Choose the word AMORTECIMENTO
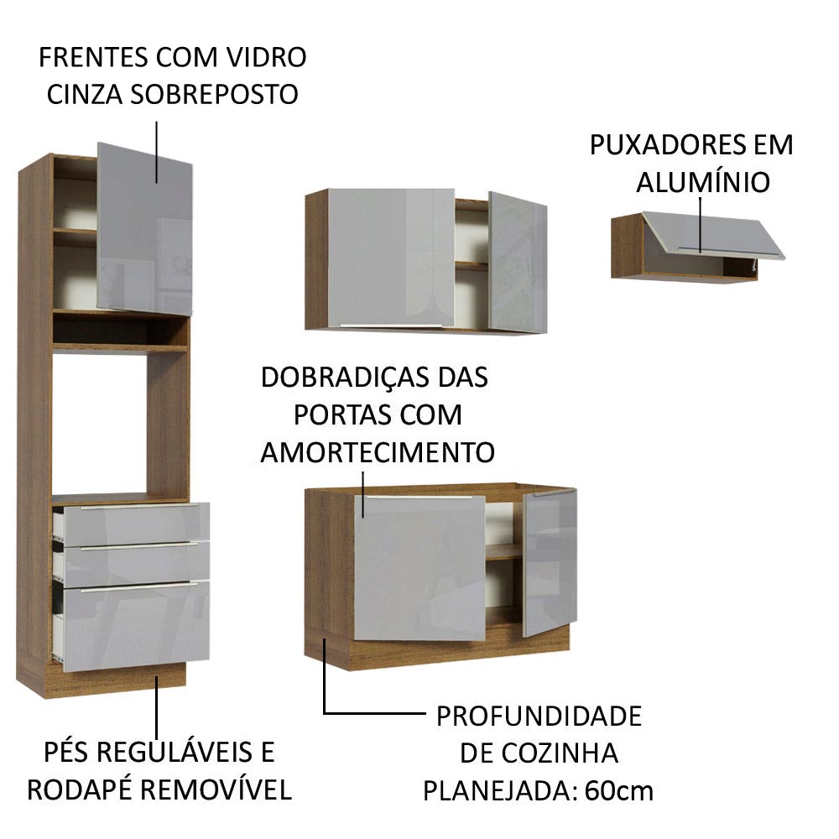pos(378,452)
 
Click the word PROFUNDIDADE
pos(539,717)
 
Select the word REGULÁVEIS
pos(189,752)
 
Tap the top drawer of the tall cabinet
pos(134,523)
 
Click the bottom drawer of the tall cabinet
pos(134,625)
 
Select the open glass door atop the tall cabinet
pos(144,227)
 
